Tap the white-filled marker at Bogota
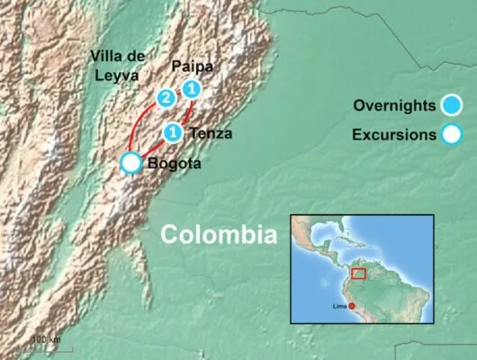coord(132,162)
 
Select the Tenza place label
coord(212,134)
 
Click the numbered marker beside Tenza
coord(175,133)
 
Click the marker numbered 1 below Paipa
coord(192,88)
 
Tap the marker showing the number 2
coord(166,97)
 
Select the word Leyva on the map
coord(114,76)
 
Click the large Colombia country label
coord(218,236)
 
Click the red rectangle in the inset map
coord(360,273)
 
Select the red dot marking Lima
coord(353,307)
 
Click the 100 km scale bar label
coord(46,338)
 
